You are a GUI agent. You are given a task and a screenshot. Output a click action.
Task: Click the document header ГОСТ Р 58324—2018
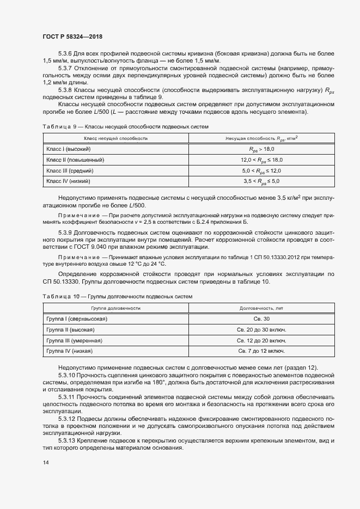72,36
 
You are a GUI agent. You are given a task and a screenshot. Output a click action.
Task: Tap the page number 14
45,463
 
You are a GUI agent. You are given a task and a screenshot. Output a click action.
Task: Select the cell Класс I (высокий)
69,149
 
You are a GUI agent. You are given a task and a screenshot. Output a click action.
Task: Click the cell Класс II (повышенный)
75,160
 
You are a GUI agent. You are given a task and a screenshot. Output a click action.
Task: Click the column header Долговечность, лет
261,308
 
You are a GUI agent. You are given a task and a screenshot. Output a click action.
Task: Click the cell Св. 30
261,318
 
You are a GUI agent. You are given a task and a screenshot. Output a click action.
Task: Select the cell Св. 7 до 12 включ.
261,351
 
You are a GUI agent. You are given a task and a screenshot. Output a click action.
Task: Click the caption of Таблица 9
125,127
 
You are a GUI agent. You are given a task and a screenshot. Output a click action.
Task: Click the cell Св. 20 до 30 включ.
261,329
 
